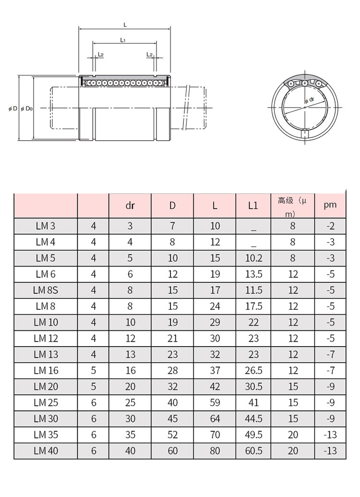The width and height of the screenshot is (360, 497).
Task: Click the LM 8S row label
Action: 46,290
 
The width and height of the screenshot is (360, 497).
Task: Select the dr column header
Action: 130,206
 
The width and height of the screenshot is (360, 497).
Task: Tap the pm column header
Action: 330,205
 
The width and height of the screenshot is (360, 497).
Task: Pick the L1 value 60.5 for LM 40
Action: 253,451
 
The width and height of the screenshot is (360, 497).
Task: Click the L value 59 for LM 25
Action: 215,402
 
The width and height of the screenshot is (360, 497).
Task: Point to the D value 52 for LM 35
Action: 172,435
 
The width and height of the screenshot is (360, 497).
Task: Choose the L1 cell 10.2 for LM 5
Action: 253,258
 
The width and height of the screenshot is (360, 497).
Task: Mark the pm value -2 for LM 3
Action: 331,226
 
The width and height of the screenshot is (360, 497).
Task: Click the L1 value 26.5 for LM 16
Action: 253,371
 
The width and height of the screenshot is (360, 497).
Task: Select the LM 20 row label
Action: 46,387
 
